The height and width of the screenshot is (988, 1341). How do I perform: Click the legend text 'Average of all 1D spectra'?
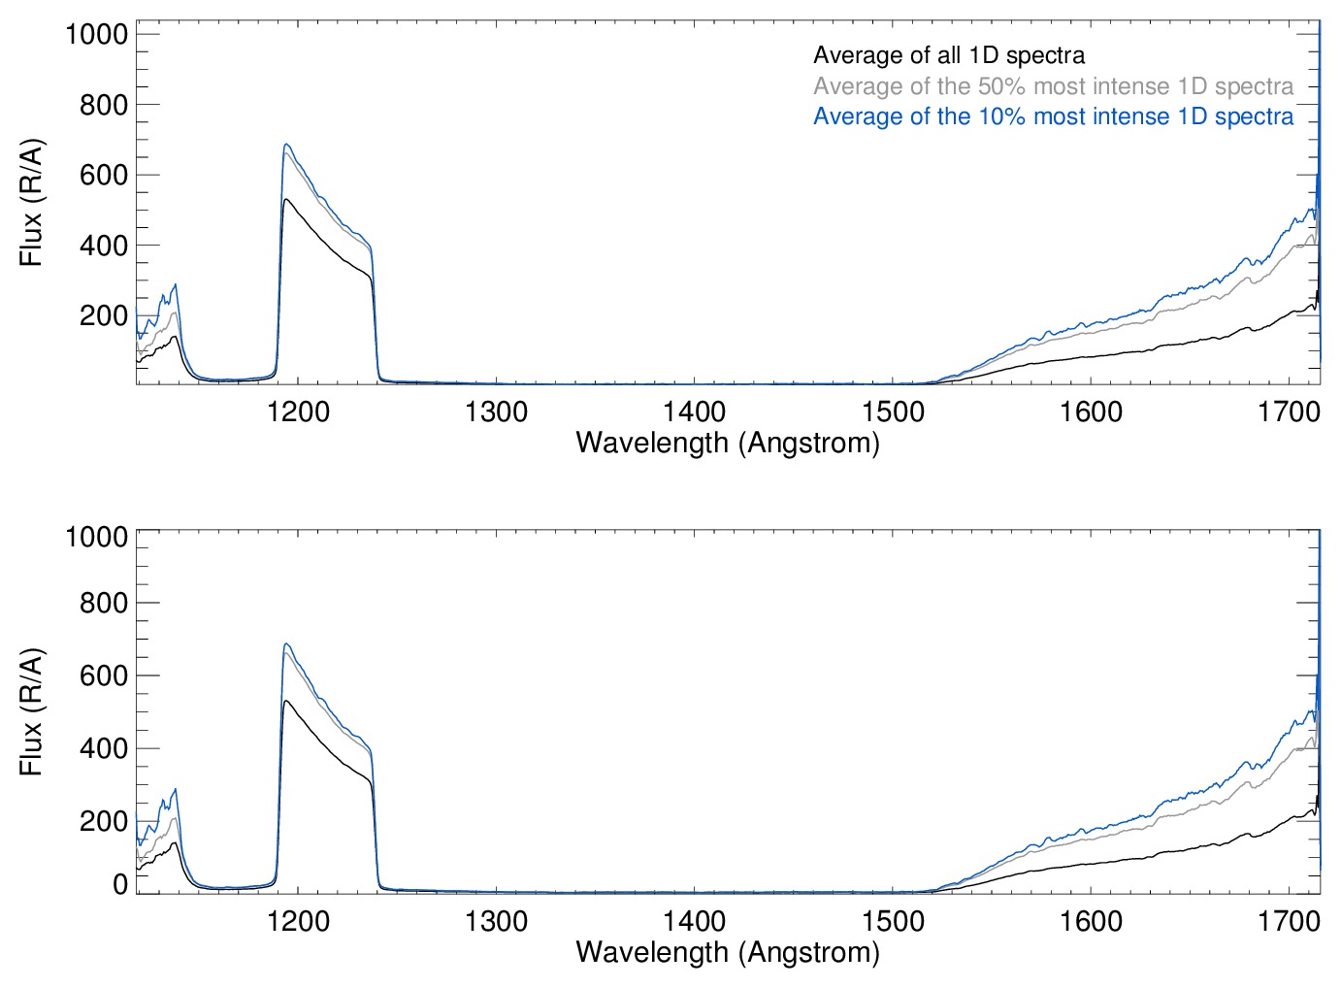[x=948, y=55]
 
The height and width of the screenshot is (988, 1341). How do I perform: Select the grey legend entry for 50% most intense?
[x=1053, y=86]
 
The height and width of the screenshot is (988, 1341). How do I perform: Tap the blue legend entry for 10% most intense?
[x=1053, y=116]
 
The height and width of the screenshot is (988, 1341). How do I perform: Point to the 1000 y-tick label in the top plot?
[x=96, y=34]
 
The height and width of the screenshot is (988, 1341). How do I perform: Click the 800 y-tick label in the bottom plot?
[x=104, y=603]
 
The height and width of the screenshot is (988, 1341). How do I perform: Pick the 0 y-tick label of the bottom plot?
[x=120, y=884]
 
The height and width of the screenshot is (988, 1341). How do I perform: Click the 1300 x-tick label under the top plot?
[x=496, y=412]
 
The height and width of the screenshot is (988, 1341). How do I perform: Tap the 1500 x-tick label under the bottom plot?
[x=893, y=921]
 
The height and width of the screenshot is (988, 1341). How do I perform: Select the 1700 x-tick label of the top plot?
[x=1289, y=412]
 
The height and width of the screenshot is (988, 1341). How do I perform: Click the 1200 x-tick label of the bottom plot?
[x=298, y=921]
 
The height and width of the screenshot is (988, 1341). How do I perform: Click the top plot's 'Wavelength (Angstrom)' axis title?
[x=728, y=443]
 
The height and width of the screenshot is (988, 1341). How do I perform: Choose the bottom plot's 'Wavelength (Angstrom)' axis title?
[x=728, y=952]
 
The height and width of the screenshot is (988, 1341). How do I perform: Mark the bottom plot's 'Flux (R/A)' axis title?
[x=31, y=711]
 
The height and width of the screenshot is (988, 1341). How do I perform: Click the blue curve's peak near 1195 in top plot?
[x=286, y=145]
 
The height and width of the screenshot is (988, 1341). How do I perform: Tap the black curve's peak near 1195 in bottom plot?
[x=285, y=701]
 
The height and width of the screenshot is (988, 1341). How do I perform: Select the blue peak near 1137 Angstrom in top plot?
[x=175, y=284]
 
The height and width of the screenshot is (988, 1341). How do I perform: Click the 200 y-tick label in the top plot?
[x=104, y=315]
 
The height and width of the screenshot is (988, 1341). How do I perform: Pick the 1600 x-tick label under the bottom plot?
[x=1091, y=921]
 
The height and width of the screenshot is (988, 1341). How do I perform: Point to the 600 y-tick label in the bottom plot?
[x=104, y=675]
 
